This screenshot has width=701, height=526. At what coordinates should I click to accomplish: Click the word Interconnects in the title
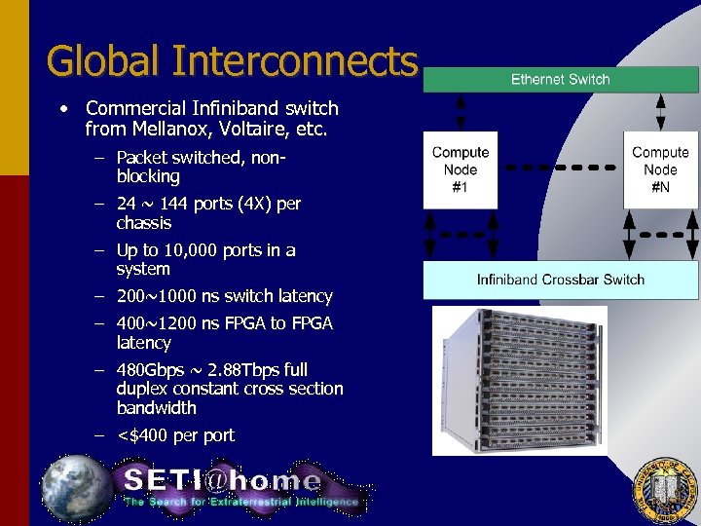click(x=294, y=60)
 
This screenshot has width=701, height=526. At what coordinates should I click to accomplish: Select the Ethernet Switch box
click(x=560, y=80)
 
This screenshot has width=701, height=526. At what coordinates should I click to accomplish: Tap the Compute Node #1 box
click(x=461, y=169)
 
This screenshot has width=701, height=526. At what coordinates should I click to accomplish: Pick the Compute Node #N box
click(x=660, y=169)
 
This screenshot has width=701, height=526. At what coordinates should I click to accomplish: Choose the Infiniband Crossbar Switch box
click(x=560, y=280)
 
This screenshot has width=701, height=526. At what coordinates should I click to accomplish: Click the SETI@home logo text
click(x=222, y=480)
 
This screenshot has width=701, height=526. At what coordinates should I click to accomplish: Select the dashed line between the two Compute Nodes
click(x=560, y=169)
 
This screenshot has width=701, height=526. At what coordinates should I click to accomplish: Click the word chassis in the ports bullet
click(x=144, y=223)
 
